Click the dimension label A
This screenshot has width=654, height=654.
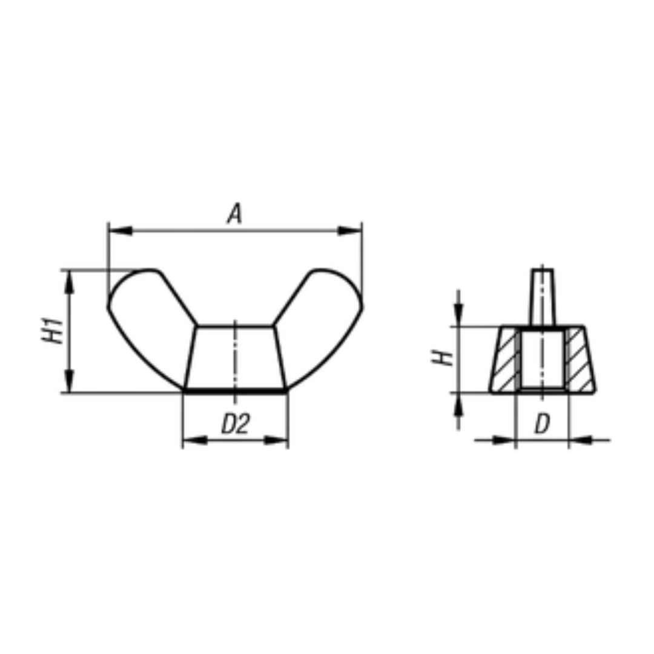tap(235, 214)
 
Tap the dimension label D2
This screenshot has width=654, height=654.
tap(235, 424)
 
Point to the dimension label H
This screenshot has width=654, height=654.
tap(442, 358)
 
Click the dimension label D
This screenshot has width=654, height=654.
tap(542, 424)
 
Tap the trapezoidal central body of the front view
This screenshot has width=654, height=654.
tap(235, 358)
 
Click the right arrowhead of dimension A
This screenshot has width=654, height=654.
tap(350, 230)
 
